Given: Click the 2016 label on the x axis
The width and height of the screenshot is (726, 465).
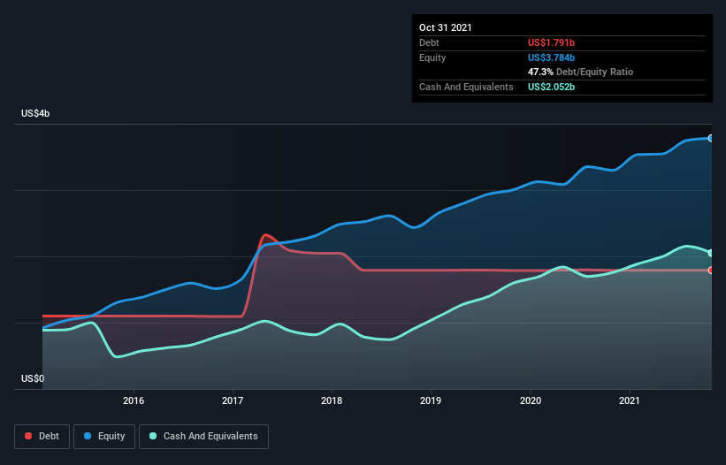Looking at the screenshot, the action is coord(134,400).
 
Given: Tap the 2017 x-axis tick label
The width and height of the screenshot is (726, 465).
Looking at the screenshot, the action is coord(233,400).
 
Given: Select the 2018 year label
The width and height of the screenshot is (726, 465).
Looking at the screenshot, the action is coord(332,400).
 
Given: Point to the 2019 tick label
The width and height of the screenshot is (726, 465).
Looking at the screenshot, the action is coord(431,400).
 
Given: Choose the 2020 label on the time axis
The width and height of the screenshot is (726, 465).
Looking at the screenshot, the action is coord(531,400).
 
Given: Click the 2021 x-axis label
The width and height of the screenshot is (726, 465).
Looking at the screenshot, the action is coord(630,400).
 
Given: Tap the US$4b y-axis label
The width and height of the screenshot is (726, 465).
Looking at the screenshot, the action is coord(35,114).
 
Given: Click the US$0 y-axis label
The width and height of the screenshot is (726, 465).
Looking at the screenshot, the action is coord(33,379).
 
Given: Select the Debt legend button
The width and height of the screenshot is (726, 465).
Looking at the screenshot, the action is coord(42,437).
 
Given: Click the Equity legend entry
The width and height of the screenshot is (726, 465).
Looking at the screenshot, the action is coord(104,437).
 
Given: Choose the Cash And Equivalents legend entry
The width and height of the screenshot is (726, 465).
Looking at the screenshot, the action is coord(203,437).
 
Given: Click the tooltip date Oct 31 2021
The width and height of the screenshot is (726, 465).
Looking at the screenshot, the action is coord(446,27).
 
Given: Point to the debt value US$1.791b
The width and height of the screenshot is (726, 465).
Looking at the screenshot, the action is coord(551,42).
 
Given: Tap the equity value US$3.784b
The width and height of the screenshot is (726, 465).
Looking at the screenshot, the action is coord(551,57).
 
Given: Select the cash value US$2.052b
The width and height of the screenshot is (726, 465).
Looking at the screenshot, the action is coord(551,87).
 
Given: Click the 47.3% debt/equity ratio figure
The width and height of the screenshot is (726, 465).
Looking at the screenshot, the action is coord(540,72).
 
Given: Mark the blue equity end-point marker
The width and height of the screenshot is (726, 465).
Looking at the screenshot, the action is coord(711,138).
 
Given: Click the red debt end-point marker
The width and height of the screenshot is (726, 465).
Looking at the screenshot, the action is coord(711,271).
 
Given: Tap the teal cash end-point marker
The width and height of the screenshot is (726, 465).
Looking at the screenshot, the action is coord(711,253).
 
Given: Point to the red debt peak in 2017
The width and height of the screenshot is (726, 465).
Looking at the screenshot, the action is coord(265,235).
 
